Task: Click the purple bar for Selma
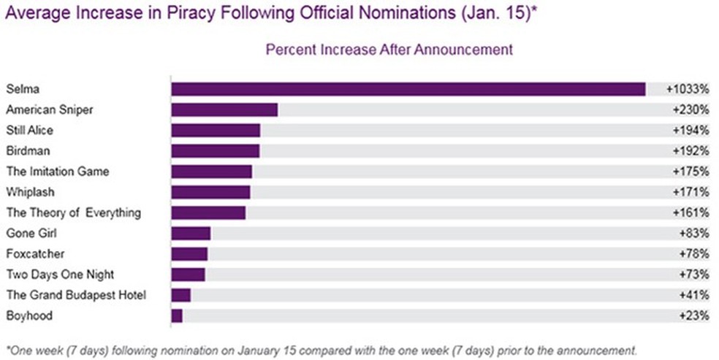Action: pos(408,89)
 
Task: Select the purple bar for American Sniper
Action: pos(224,110)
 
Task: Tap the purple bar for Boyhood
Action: pos(177,316)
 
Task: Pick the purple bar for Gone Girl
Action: pos(191,234)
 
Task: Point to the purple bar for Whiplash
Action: pos(210,192)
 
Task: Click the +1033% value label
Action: pos(688,89)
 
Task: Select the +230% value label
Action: pos(691,110)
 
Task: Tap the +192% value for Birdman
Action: pos(691,151)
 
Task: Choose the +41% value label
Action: pos(694,296)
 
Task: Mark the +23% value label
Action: pos(694,316)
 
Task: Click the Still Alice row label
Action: pos(29,131)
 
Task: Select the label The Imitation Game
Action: pos(58,172)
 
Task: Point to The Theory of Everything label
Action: pos(73,213)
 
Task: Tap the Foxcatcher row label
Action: pos(35,254)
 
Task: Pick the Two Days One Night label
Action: pos(60,275)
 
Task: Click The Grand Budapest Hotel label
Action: pos(76,295)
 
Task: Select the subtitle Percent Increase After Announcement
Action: pos(389,50)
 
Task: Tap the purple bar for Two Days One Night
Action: pos(188,275)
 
